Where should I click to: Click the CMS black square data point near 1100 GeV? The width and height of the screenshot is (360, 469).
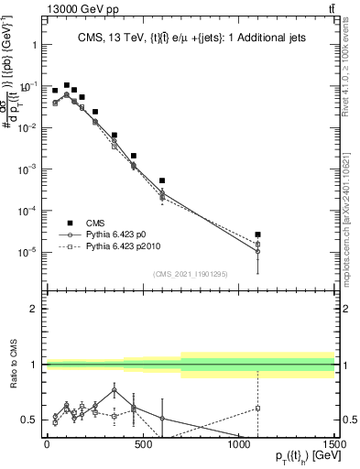tap(258, 234)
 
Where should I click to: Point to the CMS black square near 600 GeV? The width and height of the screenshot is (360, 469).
tap(162, 180)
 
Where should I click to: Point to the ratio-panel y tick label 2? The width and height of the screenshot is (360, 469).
tap(32, 310)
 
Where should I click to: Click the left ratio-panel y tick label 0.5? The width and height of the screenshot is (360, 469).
tap(27, 420)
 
